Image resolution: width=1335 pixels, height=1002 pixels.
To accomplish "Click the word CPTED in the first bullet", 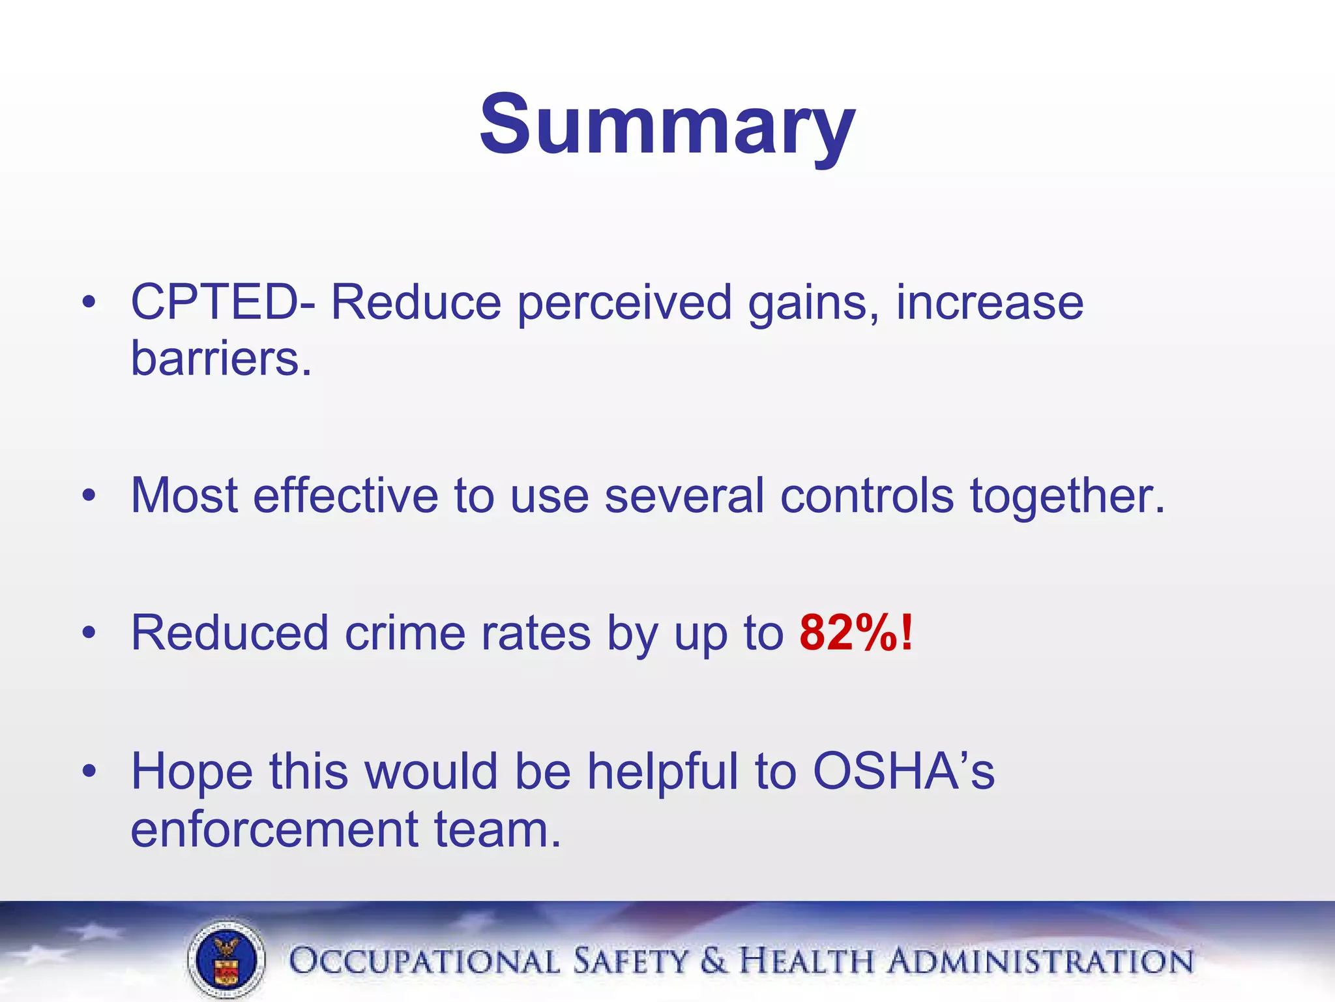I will [215, 303].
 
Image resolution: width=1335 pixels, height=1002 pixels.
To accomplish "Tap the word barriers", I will [220, 359].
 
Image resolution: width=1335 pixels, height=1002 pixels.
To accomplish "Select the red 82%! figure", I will [856, 633].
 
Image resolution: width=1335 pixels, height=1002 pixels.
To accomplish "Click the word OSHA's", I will [903, 771].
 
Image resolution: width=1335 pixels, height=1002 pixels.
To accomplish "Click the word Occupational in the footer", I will [424, 962].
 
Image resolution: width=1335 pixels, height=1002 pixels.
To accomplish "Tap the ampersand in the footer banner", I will [714, 962].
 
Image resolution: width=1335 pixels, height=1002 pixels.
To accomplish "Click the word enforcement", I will [274, 830].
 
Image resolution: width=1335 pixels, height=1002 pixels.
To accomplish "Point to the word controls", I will [867, 496].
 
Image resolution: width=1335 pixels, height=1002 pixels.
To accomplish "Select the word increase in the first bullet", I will [990, 303].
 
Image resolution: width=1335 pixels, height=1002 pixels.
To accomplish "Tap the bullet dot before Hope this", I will [89, 771].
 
